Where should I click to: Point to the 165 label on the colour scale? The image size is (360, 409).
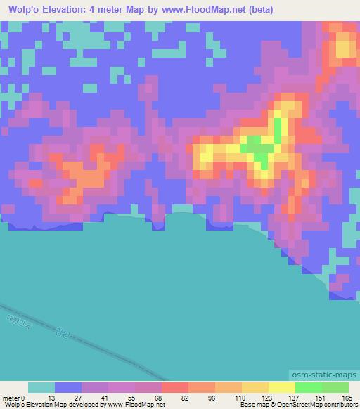pos(346,398)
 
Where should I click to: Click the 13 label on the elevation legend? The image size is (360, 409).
pos(51,398)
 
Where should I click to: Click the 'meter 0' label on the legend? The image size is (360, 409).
pos(13,398)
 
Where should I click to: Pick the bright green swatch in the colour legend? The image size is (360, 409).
pos(308,388)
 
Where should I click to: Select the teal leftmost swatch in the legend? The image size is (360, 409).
pos(41,388)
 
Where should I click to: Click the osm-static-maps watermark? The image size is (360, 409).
pos(329,375)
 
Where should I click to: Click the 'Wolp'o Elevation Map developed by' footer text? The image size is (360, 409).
pos(53,405)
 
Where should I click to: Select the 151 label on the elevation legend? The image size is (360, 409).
pos(319,398)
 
